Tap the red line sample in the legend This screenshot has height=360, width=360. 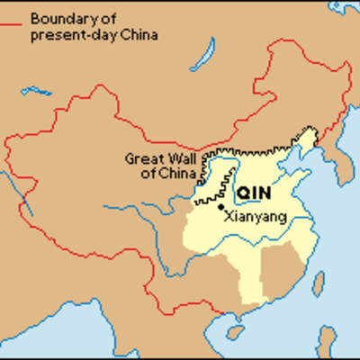14,17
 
